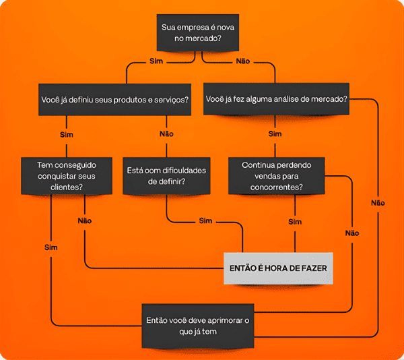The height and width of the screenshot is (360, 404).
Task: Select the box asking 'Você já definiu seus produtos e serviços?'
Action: click(x=114, y=99)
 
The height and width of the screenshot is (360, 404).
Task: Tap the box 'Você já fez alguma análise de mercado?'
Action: click(x=276, y=99)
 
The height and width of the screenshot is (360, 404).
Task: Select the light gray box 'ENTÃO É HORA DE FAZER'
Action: click(x=278, y=268)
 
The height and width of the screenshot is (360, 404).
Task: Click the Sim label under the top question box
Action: click(x=156, y=61)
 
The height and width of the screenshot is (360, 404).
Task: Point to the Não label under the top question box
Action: click(x=243, y=61)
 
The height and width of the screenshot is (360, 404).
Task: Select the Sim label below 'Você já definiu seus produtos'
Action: click(x=67, y=134)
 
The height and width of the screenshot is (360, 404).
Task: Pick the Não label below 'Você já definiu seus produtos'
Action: click(x=166, y=133)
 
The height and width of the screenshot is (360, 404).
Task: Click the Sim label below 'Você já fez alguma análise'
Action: click(x=275, y=133)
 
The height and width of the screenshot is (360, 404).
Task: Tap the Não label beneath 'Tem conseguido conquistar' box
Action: click(x=85, y=220)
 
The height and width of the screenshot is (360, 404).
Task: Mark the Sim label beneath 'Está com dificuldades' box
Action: click(x=205, y=220)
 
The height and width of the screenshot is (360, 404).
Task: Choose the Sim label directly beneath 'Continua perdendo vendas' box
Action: click(x=294, y=221)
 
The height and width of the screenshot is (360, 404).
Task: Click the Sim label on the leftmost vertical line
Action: click(x=51, y=247)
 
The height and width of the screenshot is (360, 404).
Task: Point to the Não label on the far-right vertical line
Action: click(x=378, y=202)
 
